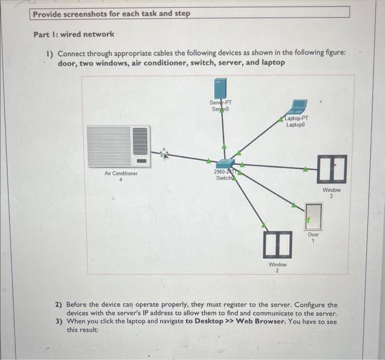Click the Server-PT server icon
[221, 88]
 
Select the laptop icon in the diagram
[299, 106]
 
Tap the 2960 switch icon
[225, 163]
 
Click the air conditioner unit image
[118, 146]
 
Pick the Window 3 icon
[332, 169]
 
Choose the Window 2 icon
[277, 244]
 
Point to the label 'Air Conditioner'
[121, 173]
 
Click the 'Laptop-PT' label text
[297, 118]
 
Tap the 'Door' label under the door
[313, 234]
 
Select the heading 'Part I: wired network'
[74, 34]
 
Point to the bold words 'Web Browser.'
[260, 322]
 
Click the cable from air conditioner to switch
[187, 158]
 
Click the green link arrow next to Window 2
[264, 225]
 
